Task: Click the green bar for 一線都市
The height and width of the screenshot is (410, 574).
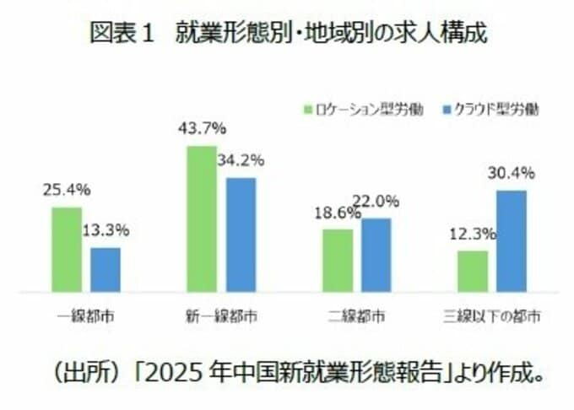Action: click(x=67, y=249)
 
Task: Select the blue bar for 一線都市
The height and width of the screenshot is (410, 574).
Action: click(x=106, y=269)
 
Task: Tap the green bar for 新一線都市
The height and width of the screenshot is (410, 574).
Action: click(x=201, y=218)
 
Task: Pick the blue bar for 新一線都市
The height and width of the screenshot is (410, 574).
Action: click(x=241, y=234)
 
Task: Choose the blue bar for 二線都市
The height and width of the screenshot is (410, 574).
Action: click(x=376, y=254)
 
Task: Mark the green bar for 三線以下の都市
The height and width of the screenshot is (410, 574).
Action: click(x=473, y=271)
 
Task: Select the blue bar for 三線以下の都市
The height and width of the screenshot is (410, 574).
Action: click(x=512, y=240)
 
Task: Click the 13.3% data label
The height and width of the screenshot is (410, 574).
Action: click(x=106, y=230)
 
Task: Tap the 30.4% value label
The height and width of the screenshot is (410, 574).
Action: click(x=511, y=174)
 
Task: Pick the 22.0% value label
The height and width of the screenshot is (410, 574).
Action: click(x=381, y=202)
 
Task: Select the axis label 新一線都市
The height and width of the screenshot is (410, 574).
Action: click(x=221, y=318)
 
